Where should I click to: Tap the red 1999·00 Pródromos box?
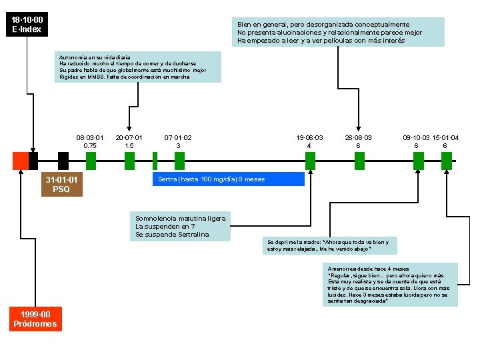coord(35,319)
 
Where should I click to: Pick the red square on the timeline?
coord(20,161)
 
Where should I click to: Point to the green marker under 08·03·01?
coord(91,161)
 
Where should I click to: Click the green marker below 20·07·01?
coord(129,161)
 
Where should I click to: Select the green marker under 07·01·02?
coord(179,161)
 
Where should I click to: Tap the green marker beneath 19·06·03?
coord(310,161)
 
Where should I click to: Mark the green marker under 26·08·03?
coord(359,161)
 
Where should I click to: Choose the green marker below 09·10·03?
coord(418,161)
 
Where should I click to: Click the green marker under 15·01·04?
coord(447,161)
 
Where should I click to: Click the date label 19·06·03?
coord(309,137)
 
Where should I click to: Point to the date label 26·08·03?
coord(358,137)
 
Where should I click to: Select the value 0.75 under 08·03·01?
coord(90,145)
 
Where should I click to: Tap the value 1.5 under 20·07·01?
coord(129,145)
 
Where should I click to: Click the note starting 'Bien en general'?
coord(338,32)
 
